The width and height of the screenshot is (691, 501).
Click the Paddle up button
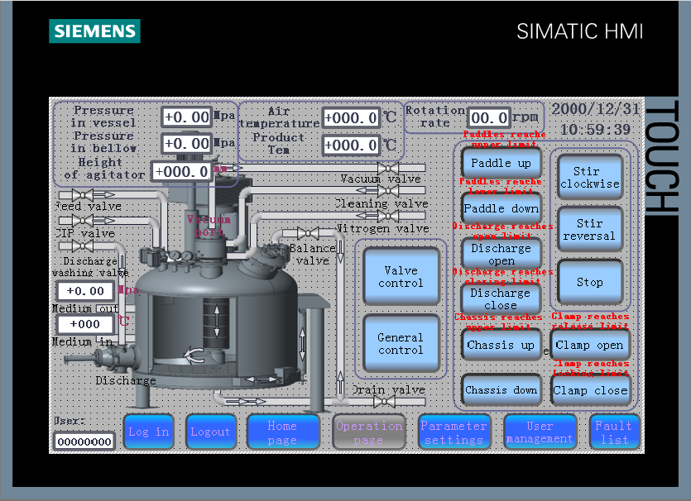501,164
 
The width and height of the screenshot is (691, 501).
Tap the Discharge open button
501,254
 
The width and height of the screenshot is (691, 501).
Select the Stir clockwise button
589,178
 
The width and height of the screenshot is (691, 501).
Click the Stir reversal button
589,230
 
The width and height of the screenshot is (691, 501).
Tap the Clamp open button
589,345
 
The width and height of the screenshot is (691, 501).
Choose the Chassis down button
501,390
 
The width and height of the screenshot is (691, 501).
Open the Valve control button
401,277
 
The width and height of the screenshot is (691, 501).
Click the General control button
401,344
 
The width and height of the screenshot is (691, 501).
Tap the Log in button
149,432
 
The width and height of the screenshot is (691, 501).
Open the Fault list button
614,432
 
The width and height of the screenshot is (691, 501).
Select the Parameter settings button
453,432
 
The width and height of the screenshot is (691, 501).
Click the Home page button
282,432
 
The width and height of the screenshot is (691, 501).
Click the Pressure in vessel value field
187,117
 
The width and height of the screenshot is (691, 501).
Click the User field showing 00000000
84,441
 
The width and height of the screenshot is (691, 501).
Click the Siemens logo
94,31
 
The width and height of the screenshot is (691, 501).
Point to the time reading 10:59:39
595,130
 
